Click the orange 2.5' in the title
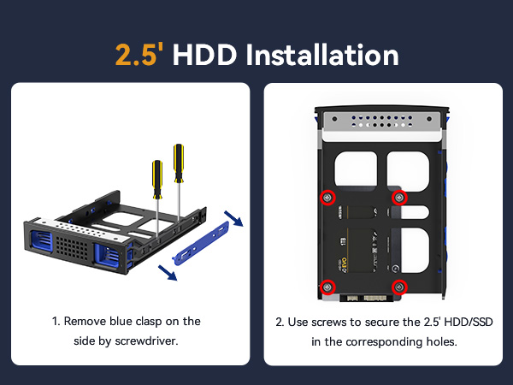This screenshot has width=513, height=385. point(140,56)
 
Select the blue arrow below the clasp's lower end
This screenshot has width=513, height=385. point(169,273)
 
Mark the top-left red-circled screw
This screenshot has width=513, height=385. point(327,198)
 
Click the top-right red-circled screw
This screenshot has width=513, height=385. point(398,198)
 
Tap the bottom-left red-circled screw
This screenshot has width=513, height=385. point(327,286)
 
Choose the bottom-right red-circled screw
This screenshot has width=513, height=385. point(398,286)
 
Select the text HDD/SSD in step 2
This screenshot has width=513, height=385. point(468,322)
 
